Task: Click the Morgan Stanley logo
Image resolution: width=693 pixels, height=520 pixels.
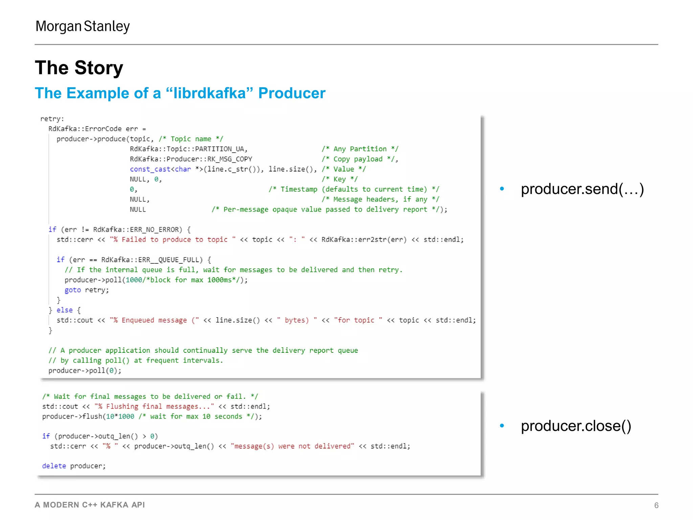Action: [83, 26]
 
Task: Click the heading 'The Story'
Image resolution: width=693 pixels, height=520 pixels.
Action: [79, 68]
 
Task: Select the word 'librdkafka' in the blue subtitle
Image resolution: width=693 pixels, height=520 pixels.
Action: [209, 93]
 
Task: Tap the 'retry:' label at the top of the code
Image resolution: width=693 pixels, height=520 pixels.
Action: [52, 119]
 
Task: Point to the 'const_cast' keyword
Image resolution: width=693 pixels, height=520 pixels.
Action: [150, 169]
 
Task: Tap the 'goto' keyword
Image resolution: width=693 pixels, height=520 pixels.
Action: [72, 290]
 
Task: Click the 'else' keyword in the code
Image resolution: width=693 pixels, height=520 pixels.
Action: [64, 310]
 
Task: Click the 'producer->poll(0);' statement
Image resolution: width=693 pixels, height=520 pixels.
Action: [85, 371]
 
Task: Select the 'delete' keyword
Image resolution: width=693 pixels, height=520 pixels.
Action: [54, 466]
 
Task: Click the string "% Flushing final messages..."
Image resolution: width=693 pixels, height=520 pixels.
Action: [154, 406]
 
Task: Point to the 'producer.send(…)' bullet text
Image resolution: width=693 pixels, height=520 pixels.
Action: [582, 189]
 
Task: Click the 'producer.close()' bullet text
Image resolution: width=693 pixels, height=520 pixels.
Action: [576, 426]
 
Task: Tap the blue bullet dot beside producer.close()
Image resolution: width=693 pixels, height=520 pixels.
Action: [502, 426]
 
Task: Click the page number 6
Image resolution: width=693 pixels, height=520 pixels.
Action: [656, 505]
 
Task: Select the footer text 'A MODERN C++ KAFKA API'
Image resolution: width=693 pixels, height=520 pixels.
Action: [90, 505]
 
